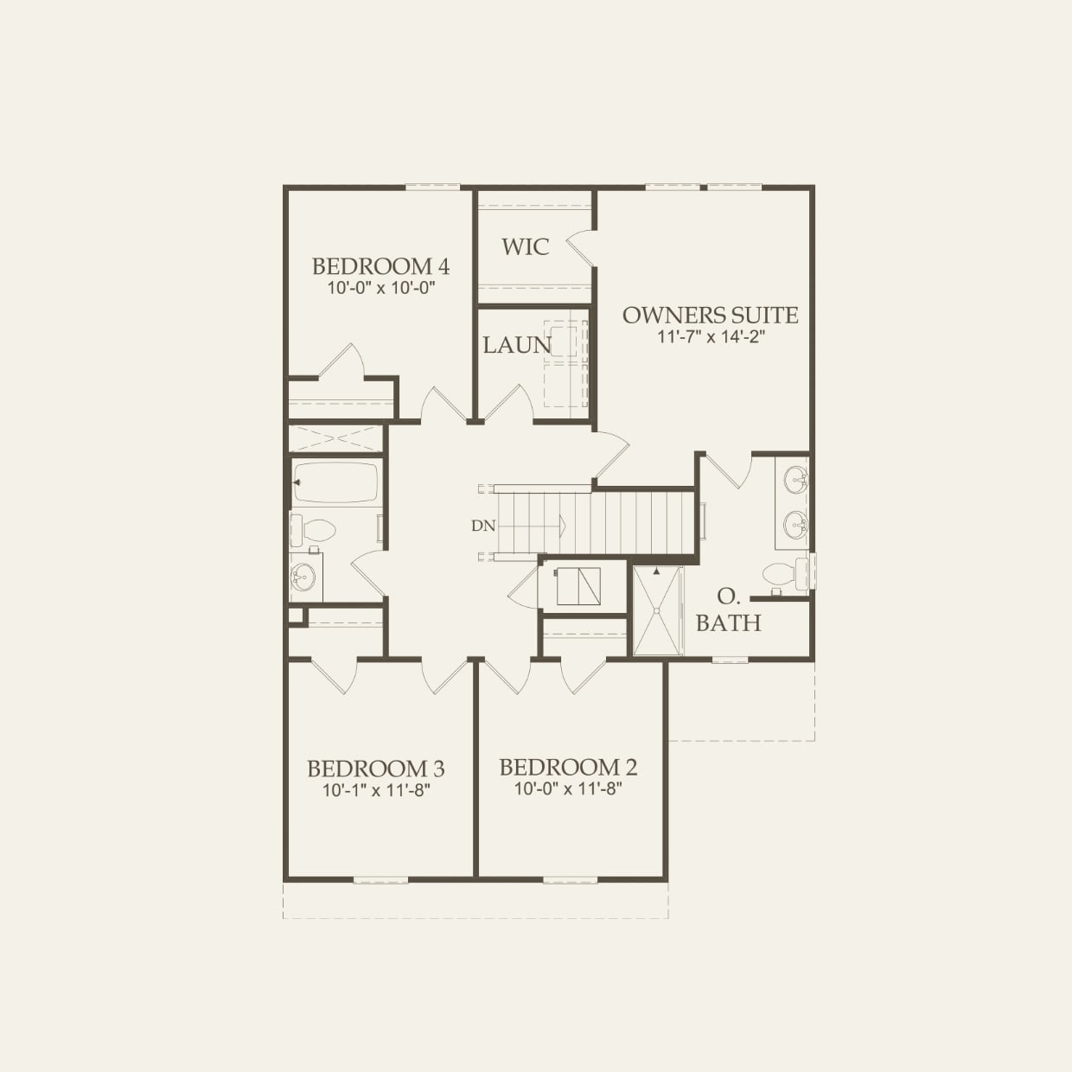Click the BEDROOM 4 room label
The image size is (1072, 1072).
point(380,266)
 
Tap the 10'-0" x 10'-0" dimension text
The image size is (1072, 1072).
point(380,288)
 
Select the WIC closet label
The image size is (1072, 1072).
point(525,247)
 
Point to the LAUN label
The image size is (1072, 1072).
point(516,346)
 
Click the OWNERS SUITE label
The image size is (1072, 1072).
point(710,316)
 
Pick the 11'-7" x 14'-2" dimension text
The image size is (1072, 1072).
point(710,337)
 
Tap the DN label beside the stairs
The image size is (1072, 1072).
point(483,526)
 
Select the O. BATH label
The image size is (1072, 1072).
point(728,610)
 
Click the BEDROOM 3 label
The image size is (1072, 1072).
point(376,769)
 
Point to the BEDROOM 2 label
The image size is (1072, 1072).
point(568,768)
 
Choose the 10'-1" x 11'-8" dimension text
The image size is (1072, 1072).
point(376,790)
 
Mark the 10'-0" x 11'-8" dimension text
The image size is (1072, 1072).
point(568,788)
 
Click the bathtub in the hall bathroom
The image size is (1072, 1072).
point(336,482)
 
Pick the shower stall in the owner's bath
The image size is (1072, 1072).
point(657,610)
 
